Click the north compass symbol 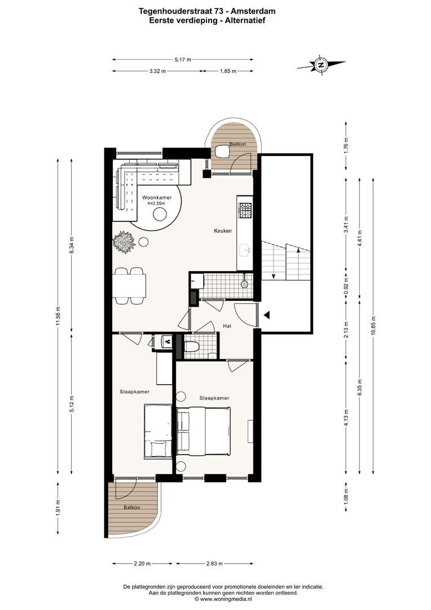[321, 65]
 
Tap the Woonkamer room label [157, 198]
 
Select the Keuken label [223, 230]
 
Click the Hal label [227, 326]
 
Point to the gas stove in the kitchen [245, 211]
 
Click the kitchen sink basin [245, 251]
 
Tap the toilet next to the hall [191, 346]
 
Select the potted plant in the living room [124, 242]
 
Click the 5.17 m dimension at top [183, 59]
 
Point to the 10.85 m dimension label [373, 326]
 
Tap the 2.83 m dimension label [214, 563]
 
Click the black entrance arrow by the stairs [267, 315]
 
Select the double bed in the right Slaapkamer [203, 430]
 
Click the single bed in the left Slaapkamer [158, 430]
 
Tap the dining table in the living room [129, 286]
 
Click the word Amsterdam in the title [254, 12]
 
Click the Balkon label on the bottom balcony [132, 507]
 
